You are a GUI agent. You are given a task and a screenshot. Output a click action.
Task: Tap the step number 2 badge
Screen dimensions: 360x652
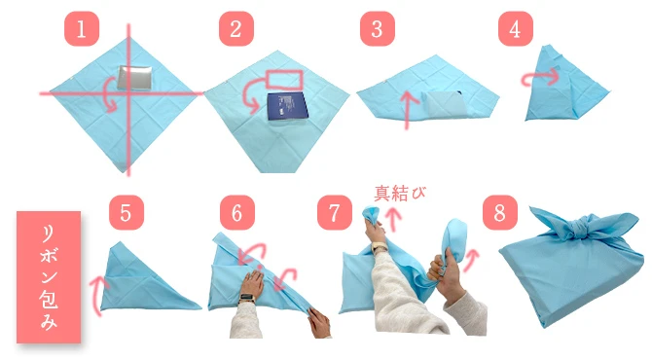(x=235, y=29)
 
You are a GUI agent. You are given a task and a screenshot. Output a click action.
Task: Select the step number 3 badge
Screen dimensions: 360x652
(x=377, y=29)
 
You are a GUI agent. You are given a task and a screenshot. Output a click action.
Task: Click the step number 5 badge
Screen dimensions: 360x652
(x=127, y=211)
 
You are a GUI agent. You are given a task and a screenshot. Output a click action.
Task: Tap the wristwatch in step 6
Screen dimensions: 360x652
(x=246, y=299)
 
